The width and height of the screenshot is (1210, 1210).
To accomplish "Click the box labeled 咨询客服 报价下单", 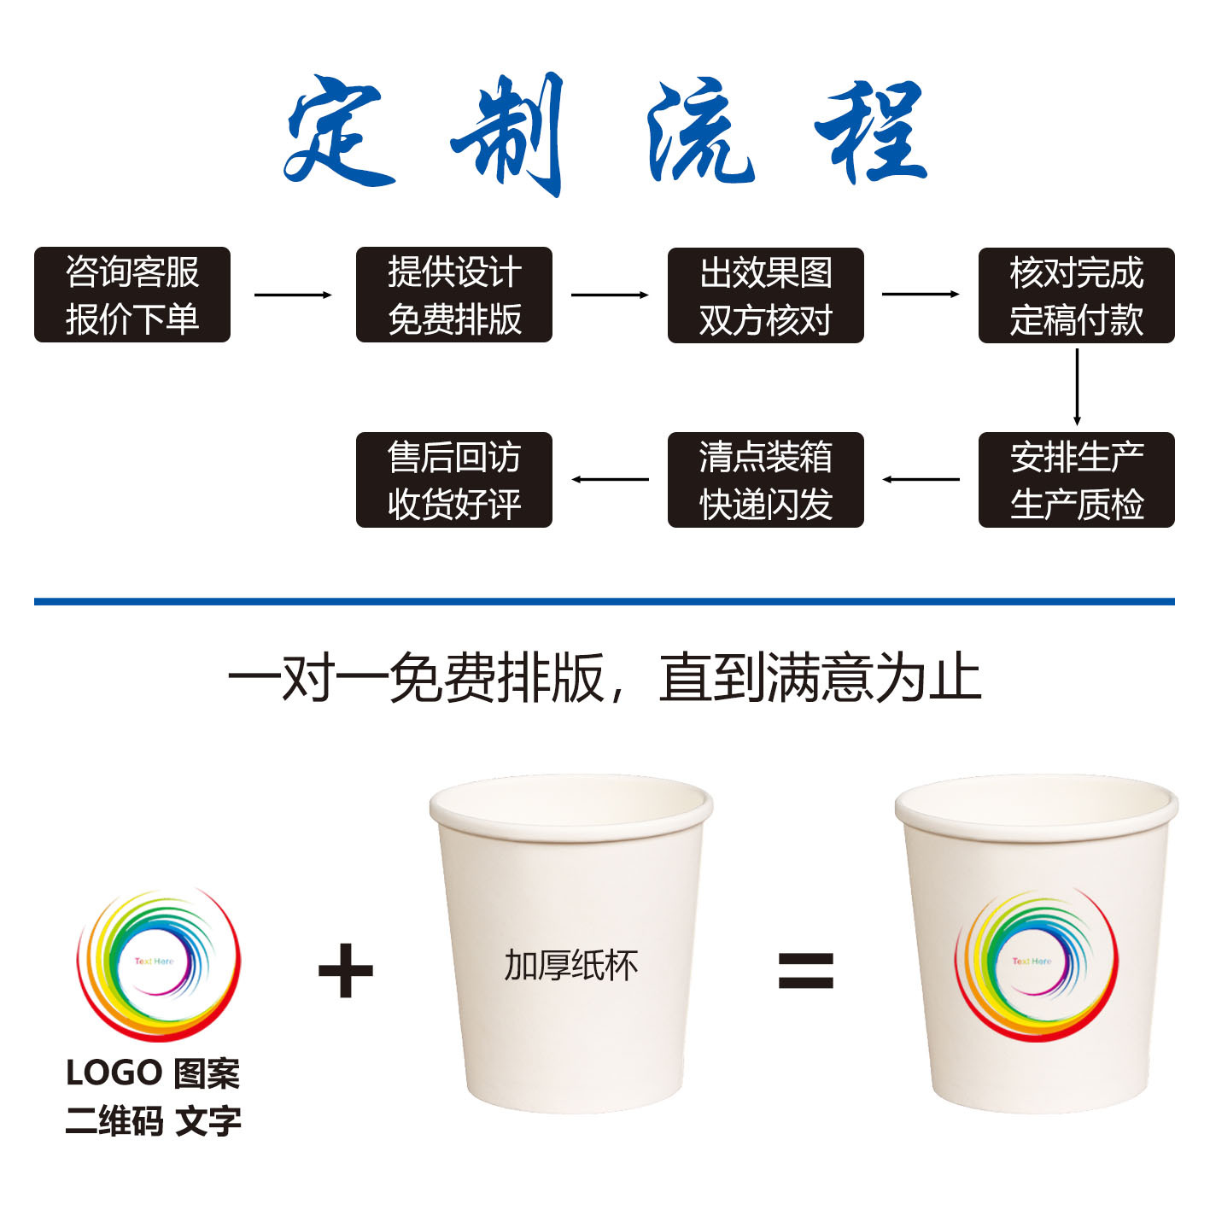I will (x=132, y=295).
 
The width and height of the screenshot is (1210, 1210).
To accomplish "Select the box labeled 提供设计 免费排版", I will (x=453, y=295).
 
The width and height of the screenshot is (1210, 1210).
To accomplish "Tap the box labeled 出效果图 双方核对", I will (x=765, y=295).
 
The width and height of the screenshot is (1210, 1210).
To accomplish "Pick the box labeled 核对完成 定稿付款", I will (x=1076, y=295).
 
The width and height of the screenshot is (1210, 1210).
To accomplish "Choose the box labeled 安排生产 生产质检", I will (x=1076, y=480).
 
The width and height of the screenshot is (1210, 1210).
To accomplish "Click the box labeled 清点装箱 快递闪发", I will (x=765, y=480).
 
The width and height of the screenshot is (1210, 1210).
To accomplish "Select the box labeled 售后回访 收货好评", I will (x=453, y=480).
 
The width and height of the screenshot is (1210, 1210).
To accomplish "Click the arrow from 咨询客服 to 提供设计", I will (x=293, y=295).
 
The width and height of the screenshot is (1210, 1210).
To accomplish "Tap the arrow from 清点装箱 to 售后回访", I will (x=610, y=479).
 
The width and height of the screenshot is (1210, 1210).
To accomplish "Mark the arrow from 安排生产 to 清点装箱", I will (x=921, y=479).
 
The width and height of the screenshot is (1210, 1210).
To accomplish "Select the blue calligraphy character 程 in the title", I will (x=873, y=132).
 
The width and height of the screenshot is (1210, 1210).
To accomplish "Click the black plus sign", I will (x=346, y=971).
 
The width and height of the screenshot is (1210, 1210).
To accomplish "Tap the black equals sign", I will (x=805, y=971).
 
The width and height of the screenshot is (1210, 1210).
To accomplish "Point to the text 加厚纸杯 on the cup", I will (x=570, y=965).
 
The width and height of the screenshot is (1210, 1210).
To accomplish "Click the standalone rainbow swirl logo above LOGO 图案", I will (x=159, y=963).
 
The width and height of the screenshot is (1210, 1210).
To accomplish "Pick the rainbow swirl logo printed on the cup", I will (x=1036, y=963).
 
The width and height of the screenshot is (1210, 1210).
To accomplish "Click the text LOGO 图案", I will (x=153, y=1073).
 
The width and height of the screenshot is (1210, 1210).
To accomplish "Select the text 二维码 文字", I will (x=153, y=1121).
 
